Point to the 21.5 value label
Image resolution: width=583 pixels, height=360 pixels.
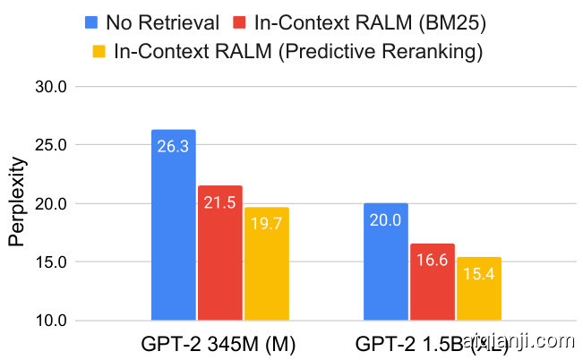[x=219, y=203]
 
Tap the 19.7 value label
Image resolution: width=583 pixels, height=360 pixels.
[x=266, y=225]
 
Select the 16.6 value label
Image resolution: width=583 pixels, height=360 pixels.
[x=433, y=261]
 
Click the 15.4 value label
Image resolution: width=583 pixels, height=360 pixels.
[x=479, y=274]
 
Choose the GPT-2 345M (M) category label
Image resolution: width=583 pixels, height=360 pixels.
[x=219, y=343]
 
